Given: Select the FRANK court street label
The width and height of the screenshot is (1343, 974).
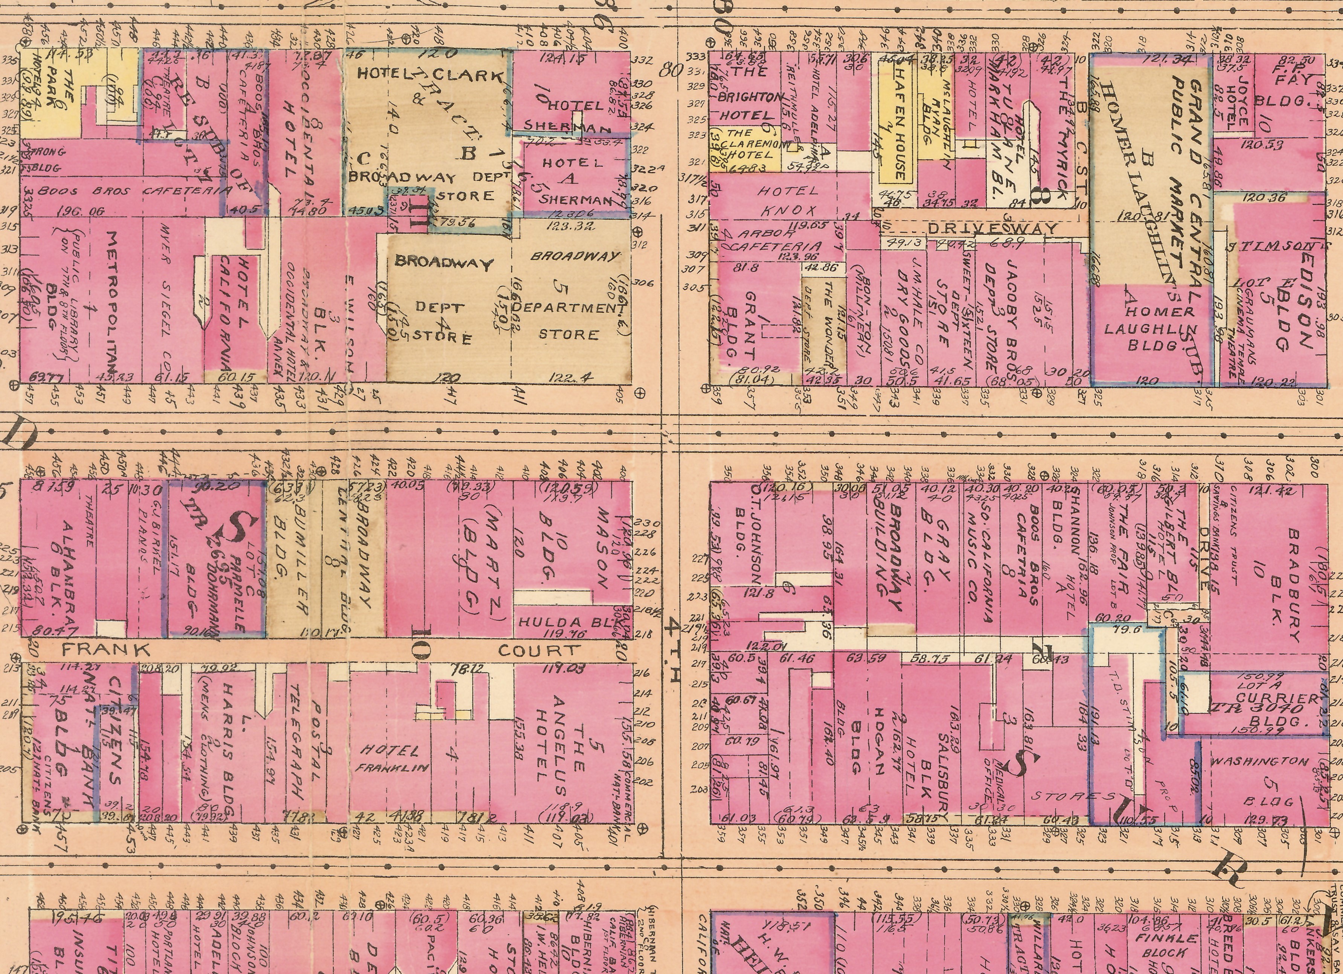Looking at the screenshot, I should click(x=107, y=649).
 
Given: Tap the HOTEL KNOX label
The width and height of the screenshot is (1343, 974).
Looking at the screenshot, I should click(x=788, y=200).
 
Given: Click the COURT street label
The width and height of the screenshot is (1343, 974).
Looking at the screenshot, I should click(x=538, y=650).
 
